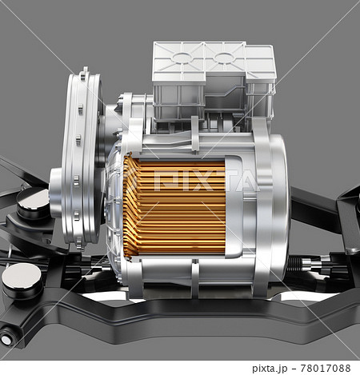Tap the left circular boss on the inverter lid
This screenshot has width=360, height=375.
coord(182,58)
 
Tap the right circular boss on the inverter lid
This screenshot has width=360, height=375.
coord(224,58)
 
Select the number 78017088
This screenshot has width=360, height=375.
coord(326,368)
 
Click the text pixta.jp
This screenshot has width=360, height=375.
coord(270,369)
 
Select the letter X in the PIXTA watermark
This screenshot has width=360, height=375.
coord(202,182)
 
